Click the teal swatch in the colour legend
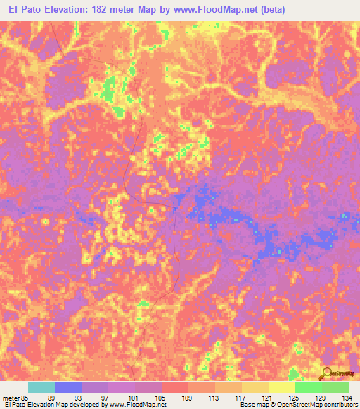[41, 387]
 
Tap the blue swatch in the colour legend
[68, 387]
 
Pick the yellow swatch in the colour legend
[282, 387]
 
